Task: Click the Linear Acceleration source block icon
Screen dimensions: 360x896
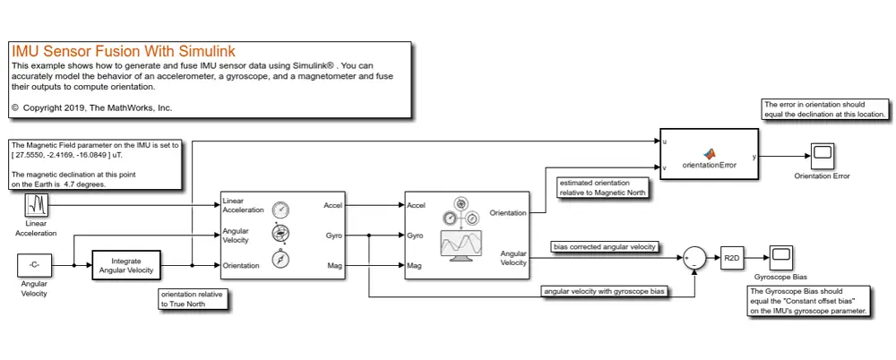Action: coord(37,206)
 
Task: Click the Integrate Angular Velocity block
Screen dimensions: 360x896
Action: coord(125,266)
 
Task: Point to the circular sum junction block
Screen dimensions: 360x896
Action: coord(694,259)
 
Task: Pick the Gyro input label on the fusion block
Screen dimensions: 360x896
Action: coord(415,235)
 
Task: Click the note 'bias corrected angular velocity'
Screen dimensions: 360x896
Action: coord(606,246)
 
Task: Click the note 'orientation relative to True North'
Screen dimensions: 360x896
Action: coord(193,299)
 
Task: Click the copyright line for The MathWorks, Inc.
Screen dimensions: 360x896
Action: coord(92,107)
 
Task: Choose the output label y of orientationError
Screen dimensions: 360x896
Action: coord(754,157)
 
